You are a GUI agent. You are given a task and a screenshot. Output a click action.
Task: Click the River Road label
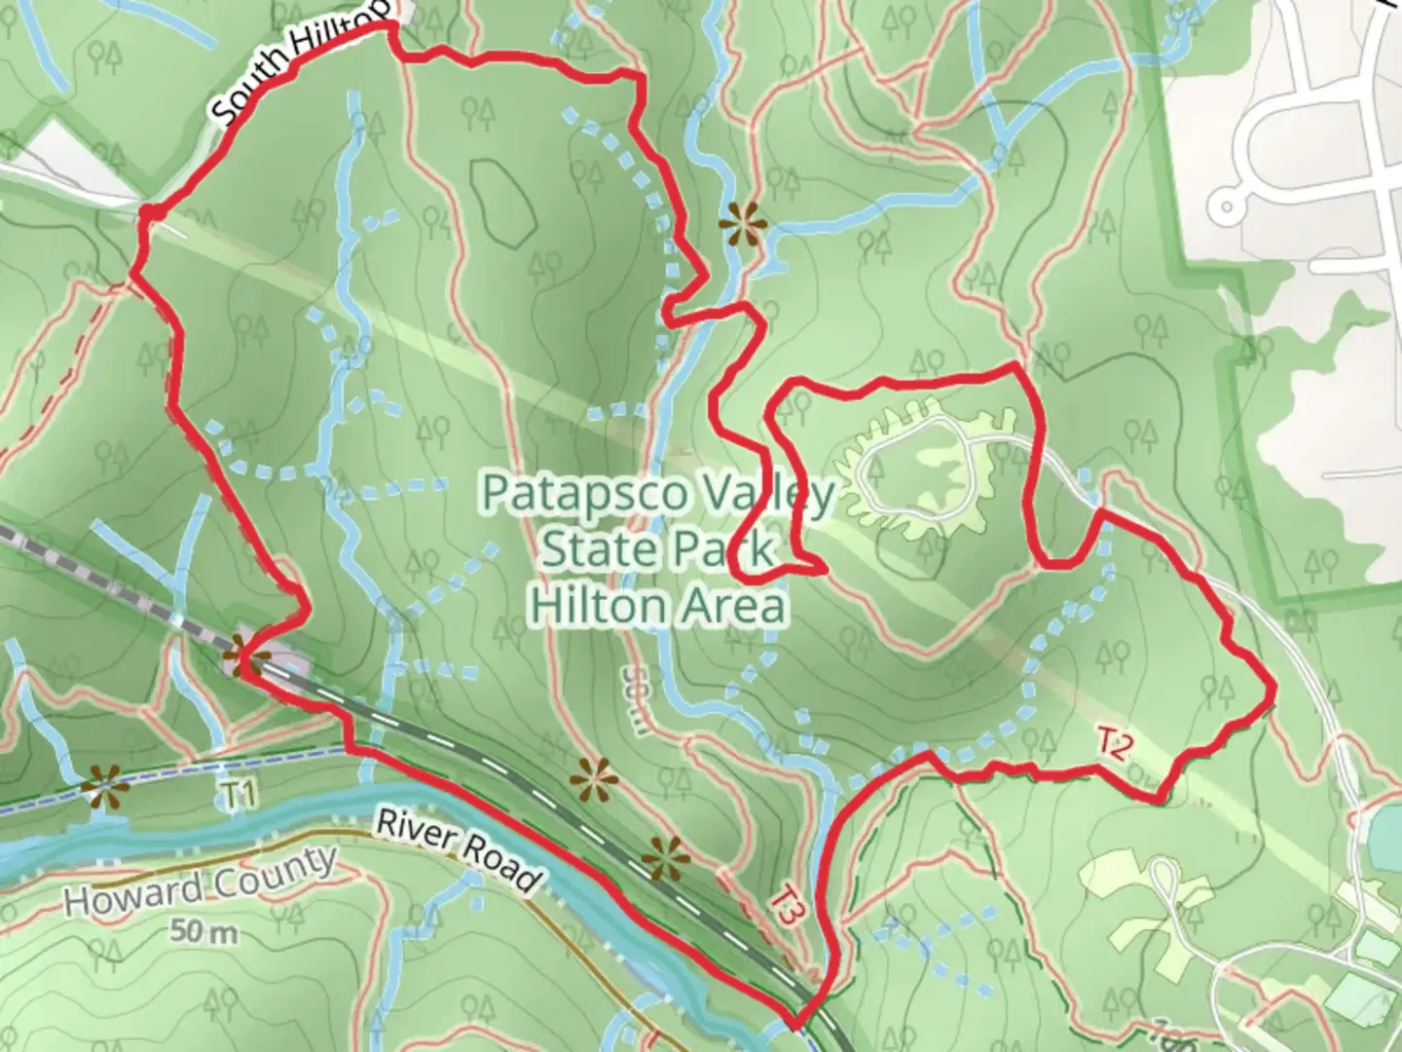457,849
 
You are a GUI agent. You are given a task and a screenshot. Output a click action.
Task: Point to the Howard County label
201,882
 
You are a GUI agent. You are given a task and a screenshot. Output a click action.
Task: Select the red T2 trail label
1115,745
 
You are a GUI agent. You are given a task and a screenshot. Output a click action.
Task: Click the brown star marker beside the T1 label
104,784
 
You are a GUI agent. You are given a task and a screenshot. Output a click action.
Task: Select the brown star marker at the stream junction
743,225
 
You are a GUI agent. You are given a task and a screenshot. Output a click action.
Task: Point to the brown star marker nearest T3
667,858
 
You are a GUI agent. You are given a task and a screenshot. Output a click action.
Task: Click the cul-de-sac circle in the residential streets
1226,206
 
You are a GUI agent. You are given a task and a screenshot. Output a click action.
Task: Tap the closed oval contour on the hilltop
503,202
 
